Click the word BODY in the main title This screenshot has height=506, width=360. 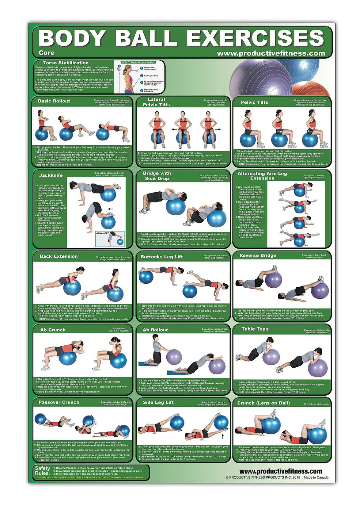[x=72, y=38]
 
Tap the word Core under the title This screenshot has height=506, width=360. [x=47, y=53]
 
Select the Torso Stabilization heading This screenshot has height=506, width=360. [x=66, y=63]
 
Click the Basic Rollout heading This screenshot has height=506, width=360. [x=54, y=101]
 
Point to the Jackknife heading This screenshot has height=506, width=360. [x=51, y=175]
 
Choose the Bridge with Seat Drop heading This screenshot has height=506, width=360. [x=157, y=176]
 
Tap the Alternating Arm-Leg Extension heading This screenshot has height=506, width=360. [x=262, y=176]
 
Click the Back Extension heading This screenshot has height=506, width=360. [x=59, y=256]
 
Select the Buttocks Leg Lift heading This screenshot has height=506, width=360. [x=161, y=257]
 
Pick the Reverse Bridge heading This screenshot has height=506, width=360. [x=258, y=255]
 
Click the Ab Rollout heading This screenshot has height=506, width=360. [x=155, y=330]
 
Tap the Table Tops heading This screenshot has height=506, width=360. [x=255, y=329]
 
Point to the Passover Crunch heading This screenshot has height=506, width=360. [x=59, y=402]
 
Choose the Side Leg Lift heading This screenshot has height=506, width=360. [x=158, y=402]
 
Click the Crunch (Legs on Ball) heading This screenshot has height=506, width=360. [x=263, y=403]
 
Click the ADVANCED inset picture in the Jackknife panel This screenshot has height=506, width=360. [x=110, y=239]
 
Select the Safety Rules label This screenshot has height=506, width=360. [x=42, y=471]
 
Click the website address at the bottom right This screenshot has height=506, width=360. [x=280, y=471]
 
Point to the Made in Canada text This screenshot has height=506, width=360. [x=316, y=477]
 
